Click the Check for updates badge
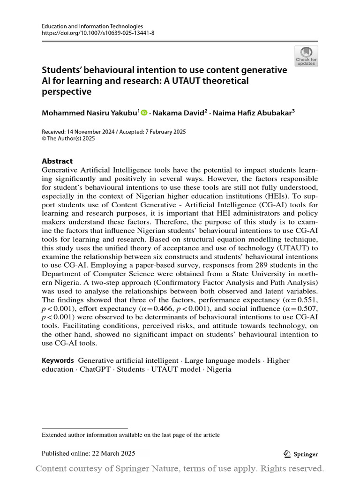(x=306, y=56)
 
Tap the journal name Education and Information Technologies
(x=92, y=26)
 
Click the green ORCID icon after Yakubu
(x=143, y=112)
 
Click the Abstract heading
(x=57, y=161)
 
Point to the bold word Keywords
(x=58, y=360)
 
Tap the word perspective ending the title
(x=67, y=92)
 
